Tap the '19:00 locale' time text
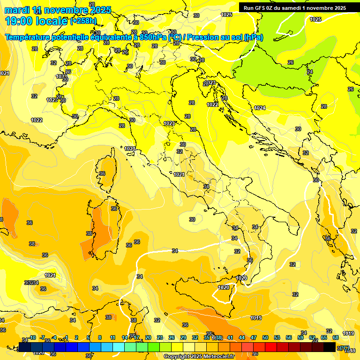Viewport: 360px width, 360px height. (37, 21)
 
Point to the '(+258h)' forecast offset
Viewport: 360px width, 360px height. (83, 21)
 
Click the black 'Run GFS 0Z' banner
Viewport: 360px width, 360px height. (294, 7)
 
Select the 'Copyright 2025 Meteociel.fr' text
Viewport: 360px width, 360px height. (199, 356)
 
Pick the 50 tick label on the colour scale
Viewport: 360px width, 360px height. (265, 337)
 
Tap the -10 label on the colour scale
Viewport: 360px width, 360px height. (33, 337)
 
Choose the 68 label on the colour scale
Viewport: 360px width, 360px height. (336, 337)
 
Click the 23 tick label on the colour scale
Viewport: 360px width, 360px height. (160, 337)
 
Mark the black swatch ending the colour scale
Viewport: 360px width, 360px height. (330, 347)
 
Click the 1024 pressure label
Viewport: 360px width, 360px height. (260, 108)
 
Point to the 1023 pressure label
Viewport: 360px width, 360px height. (211, 83)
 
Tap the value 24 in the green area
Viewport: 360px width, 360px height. (310, 72)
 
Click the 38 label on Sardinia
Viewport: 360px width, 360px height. (89, 233)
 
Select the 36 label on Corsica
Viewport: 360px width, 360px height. (102, 173)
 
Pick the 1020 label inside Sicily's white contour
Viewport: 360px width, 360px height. (224, 287)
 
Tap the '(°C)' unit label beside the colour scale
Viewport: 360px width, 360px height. (344, 348)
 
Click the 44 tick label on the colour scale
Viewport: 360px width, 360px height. (242, 337)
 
